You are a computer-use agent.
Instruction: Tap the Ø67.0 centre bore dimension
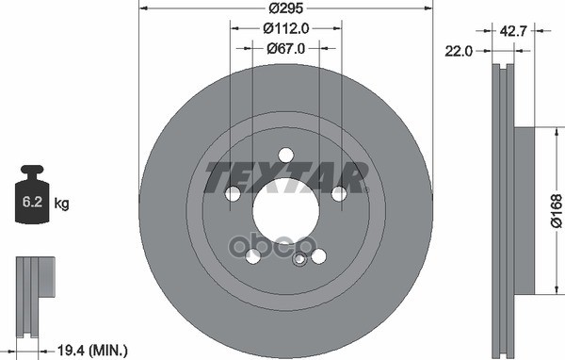(286, 48)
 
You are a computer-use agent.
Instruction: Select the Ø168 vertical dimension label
(555, 212)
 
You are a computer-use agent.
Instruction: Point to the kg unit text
(63, 204)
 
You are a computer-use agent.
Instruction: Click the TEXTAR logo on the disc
(285, 175)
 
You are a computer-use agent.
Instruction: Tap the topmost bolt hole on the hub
(285, 155)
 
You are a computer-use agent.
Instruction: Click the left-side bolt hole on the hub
(232, 194)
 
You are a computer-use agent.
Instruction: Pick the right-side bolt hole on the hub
(339, 194)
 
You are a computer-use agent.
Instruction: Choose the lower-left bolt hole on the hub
(252, 256)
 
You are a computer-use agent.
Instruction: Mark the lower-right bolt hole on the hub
(318, 256)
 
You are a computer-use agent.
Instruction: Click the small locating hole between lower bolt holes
(300, 259)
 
